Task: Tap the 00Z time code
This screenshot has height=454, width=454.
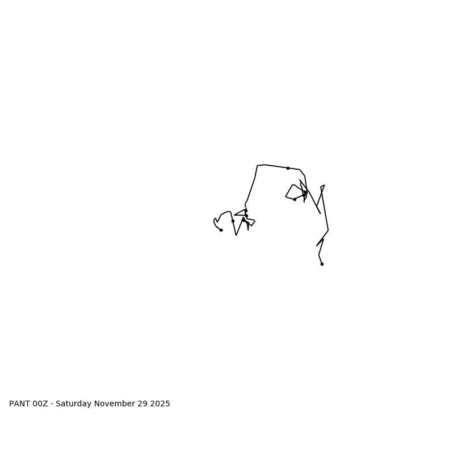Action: click(x=41, y=404)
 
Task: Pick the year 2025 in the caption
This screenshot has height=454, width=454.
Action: click(x=159, y=404)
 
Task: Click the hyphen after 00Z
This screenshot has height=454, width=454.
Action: click(x=52, y=404)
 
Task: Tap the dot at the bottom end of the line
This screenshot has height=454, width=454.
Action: click(x=322, y=264)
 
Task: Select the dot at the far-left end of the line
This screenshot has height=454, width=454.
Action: click(x=221, y=230)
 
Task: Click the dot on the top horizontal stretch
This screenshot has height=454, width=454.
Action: click(x=288, y=168)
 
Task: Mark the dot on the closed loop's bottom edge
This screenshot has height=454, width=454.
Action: click(x=295, y=199)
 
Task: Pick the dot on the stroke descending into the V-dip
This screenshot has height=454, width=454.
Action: click(x=233, y=221)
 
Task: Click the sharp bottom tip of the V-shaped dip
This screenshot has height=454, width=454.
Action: click(x=236, y=235)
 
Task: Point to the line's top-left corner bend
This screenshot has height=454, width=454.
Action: click(x=258, y=166)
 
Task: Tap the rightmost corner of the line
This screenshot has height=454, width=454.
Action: click(x=328, y=230)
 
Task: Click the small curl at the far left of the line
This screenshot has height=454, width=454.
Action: click(x=215, y=220)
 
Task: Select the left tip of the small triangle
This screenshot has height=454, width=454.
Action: click(x=234, y=215)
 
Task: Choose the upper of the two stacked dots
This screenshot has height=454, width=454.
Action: click(x=246, y=211)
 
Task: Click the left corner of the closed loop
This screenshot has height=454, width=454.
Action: click(x=285, y=196)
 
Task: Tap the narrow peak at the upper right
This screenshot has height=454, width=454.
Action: click(x=323, y=186)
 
